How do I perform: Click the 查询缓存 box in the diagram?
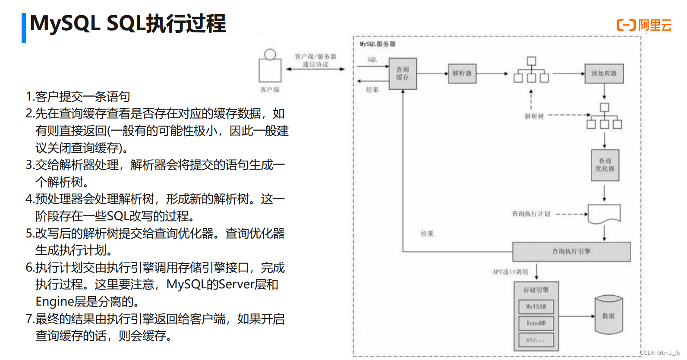click(403, 73)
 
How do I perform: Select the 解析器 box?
click(462, 73)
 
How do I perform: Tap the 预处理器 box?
click(604, 73)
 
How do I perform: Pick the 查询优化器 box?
click(605, 165)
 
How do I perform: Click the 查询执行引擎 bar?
click(571, 251)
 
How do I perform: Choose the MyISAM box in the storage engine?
click(536, 306)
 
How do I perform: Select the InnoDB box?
click(536, 323)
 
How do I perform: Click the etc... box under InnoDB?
click(536, 340)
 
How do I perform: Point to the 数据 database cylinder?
click(608, 315)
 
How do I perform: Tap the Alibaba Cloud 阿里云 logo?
click(644, 25)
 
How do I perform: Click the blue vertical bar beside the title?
click(24, 28)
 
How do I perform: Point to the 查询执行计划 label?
click(531, 214)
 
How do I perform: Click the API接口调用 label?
click(510, 272)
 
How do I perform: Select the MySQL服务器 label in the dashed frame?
click(378, 44)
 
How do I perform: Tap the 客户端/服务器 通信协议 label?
click(315, 60)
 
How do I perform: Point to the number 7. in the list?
click(30, 319)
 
